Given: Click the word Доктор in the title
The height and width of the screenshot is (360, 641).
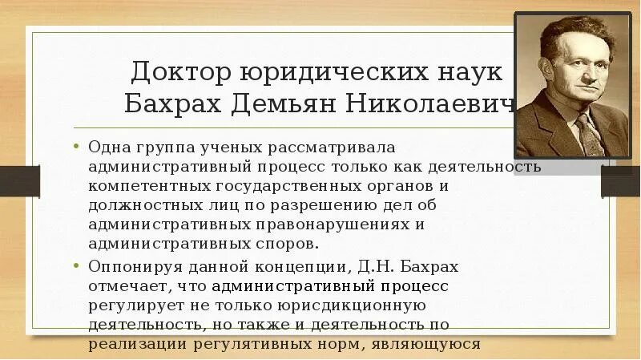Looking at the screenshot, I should (179, 73).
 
